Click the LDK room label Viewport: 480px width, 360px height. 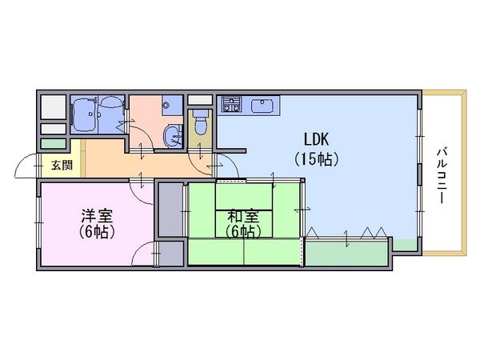(316, 139)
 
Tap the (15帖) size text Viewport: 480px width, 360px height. (316, 159)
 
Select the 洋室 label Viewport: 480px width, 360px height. (97, 216)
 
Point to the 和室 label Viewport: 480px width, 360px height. (243, 217)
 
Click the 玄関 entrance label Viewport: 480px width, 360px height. (62, 166)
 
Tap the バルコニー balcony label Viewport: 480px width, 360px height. (442, 176)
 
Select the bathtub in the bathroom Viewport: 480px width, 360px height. (84, 115)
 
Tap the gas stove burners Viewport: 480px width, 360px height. (232, 104)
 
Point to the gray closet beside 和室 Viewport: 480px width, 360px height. (171, 210)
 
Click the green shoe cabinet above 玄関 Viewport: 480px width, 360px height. (54, 144)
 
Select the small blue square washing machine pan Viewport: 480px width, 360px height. (172, 105)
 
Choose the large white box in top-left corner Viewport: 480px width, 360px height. (54, 107)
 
